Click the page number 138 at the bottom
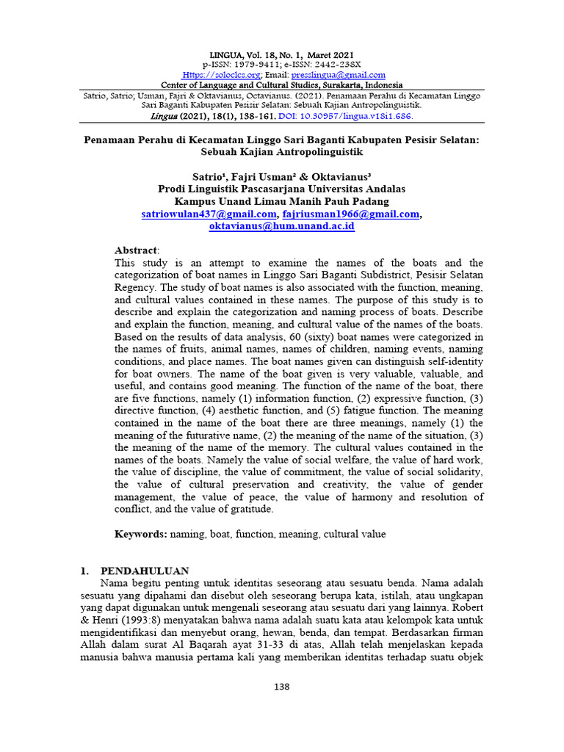click(282, 687)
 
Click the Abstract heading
click(136, 250)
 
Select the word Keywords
click(140, 535)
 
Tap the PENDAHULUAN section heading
click(145, 570)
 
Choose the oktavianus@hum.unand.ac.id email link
click(282, 226)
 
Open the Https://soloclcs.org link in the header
click(220, 75)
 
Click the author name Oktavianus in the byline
click(332, 176)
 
